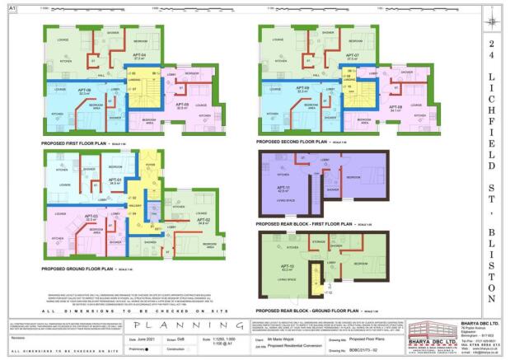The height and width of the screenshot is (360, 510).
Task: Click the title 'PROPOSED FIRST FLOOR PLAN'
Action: pyautogui.click(x=76, y=143)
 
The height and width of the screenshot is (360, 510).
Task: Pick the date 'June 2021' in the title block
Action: pyautogui.click(x=145, y=339)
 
